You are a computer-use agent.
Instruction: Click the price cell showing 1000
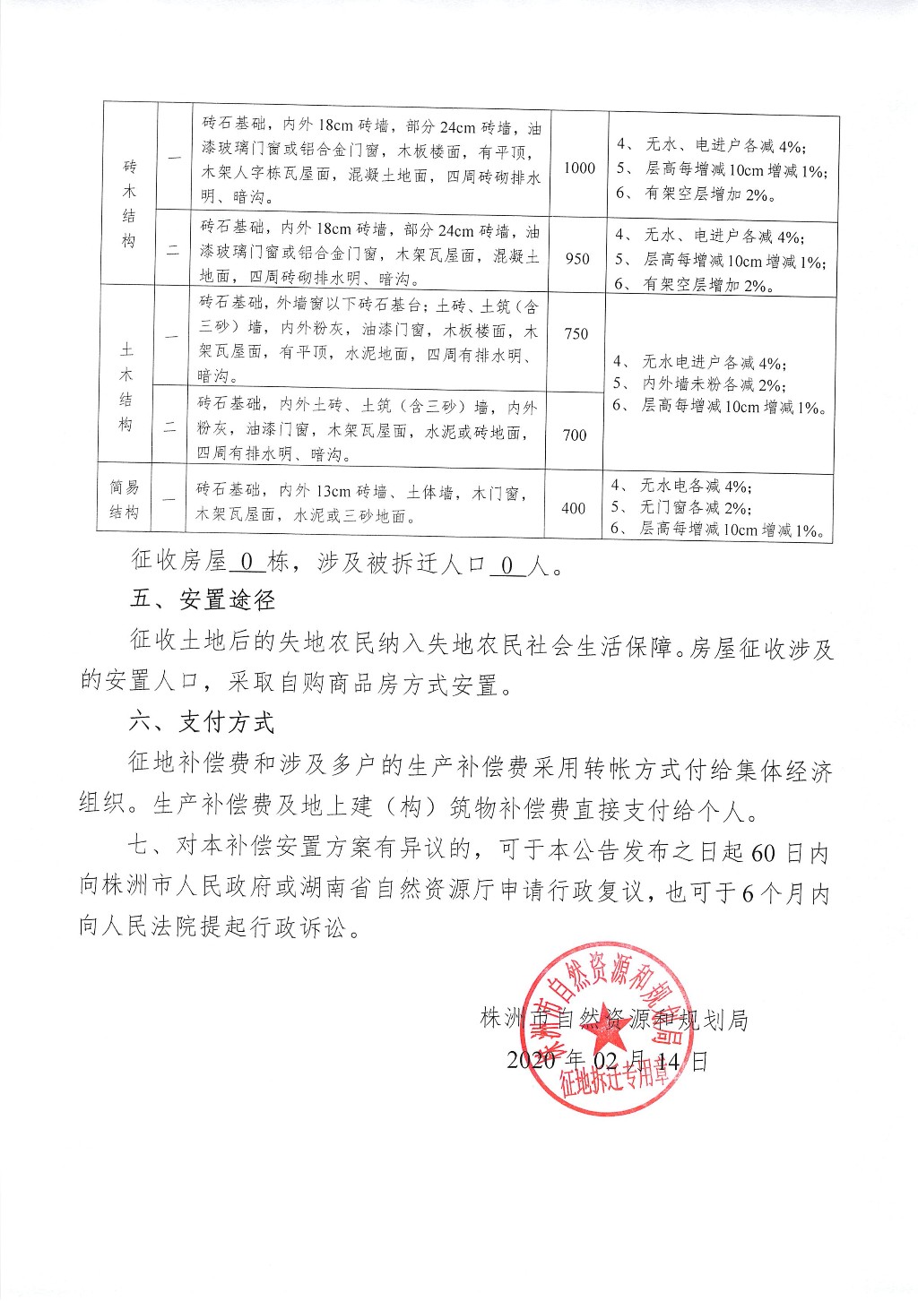coord(580,168)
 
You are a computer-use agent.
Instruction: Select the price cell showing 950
coord(578,258)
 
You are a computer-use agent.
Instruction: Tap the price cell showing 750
coord(576,333)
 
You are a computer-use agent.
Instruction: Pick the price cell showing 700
coord(575,435)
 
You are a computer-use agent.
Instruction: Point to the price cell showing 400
coord(574,508)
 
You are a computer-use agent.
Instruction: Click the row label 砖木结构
coord(129,203)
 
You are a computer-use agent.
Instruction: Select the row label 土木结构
coord(126,386)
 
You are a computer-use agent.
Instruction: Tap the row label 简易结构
coord(125,500)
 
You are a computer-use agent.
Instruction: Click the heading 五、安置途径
coord(202,600)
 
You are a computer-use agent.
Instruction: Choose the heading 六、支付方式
coord(202,723)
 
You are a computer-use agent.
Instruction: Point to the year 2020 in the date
coord(532,1061)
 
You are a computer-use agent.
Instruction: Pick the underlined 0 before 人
coord(507,564)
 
